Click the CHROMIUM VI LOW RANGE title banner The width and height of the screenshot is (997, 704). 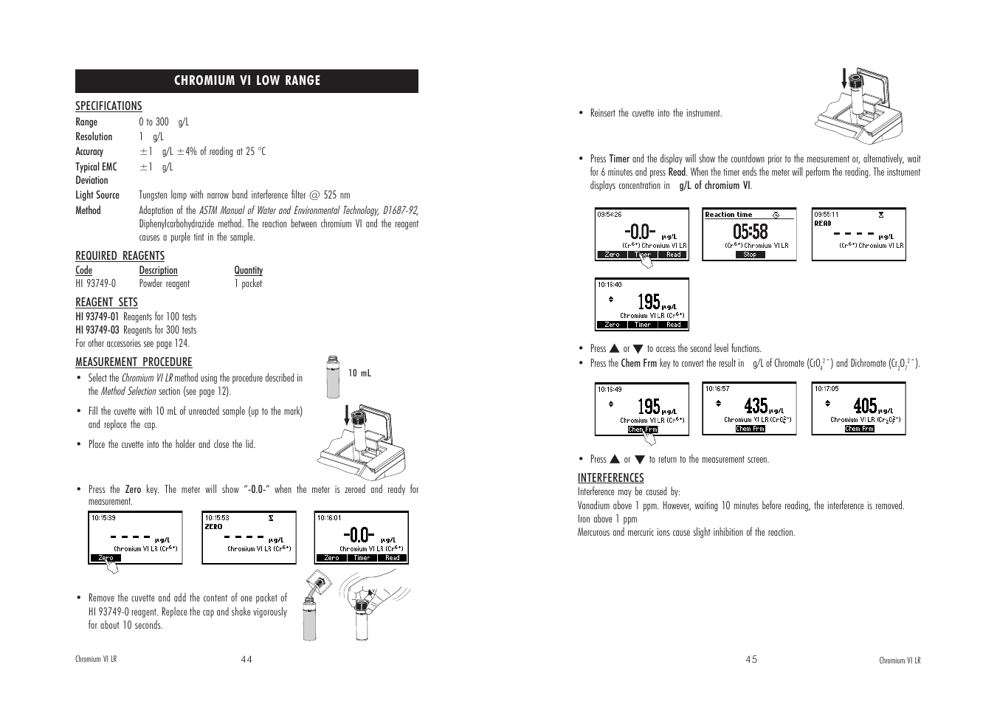click(246, 80)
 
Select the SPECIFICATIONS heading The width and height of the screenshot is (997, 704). click(108, 106)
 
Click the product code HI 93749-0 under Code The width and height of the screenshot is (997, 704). click(95, 283)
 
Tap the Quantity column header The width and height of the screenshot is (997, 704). click(248, 270)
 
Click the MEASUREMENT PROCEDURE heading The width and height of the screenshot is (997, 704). click(134, 362)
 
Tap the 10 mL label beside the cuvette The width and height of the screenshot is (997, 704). click(359, 373)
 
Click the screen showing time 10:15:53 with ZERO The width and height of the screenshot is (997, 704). click(249, 538)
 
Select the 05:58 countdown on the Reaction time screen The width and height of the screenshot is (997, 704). click(750, 232)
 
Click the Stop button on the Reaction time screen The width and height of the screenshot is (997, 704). click(750, 255)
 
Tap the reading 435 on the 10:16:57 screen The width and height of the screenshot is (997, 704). click(756, 406)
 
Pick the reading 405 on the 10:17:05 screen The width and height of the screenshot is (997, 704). click(865, 406)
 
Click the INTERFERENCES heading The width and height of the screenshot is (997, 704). click(610, 478)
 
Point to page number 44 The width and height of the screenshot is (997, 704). click(246, 660)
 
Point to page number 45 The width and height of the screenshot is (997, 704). click(751, 660)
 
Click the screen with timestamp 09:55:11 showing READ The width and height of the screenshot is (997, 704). click(859, 234)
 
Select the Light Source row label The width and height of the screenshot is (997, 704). click(97, 195)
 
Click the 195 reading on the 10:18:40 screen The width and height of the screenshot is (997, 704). click(649, 302)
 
